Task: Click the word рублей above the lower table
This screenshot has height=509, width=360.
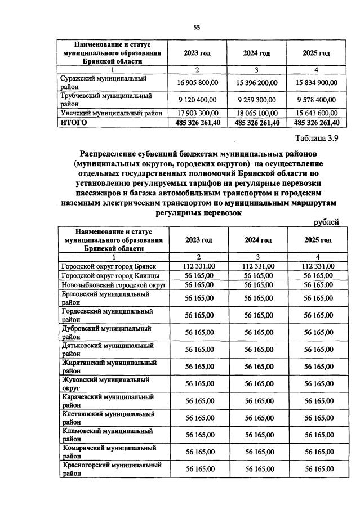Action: (x=327, y=222)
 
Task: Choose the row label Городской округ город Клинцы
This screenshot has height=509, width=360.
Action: (x=110, y=275)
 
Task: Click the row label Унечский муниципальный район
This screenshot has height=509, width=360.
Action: (x=112, y=113)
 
